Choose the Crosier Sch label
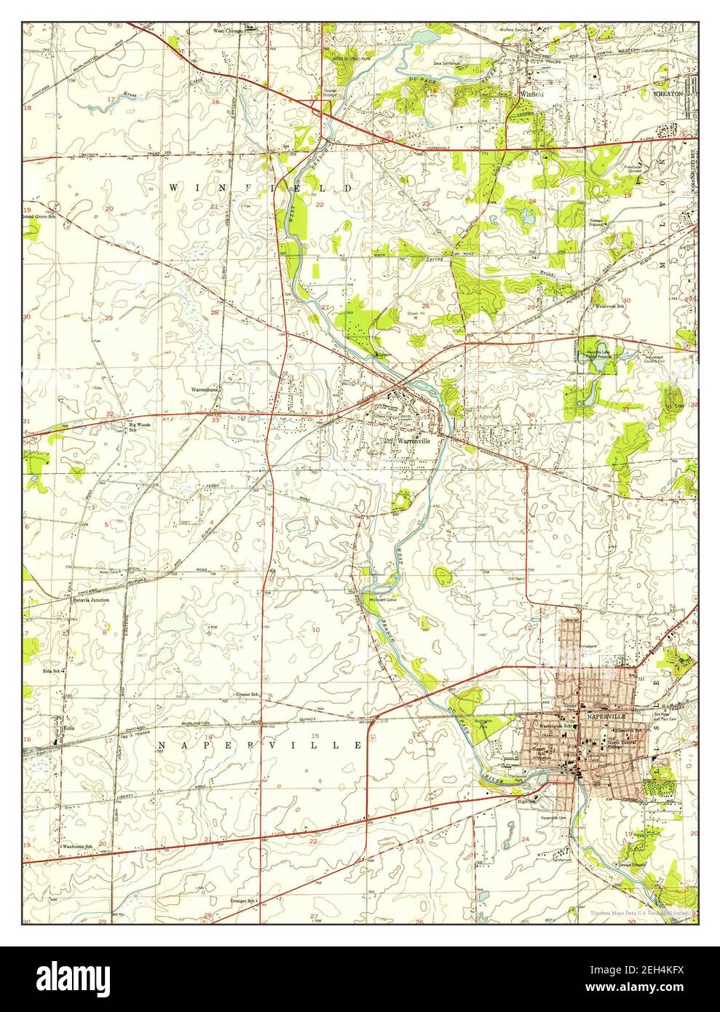click(248, 695)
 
